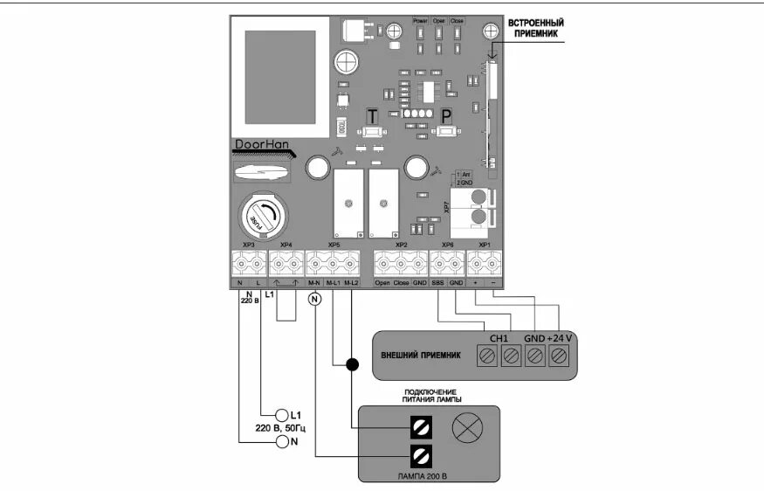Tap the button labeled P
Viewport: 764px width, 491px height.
[x=448, y=131]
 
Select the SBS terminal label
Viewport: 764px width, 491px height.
[x=438, y=283]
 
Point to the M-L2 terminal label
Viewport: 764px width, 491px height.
[x=351, y=283]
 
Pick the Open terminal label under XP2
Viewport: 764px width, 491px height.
[x=382, y=283]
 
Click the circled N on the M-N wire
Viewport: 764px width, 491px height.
[x=315, y=299]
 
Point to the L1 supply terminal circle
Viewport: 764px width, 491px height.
[x=281, y=414]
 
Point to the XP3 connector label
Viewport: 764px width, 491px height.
[x=248, y=245]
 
